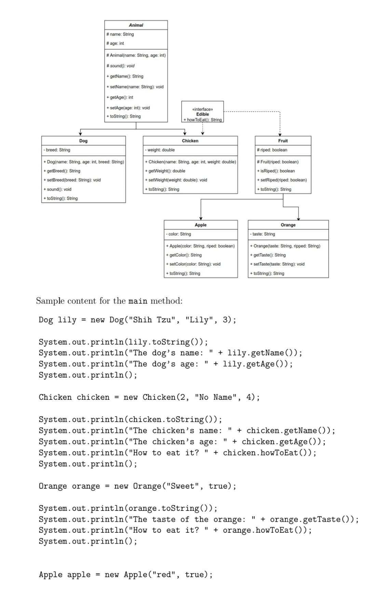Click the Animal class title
point(136,25)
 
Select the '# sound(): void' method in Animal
point(120,66)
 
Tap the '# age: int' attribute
point(115,43)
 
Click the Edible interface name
point(203,114)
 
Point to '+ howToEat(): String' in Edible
point(203,120)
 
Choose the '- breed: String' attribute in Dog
point(57,150)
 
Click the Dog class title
point(83,141)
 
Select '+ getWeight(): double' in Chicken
point(165,171)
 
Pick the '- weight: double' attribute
point(160,150)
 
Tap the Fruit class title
point(283,141)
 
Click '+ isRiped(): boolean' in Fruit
point(276,171)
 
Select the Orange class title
point(288,225)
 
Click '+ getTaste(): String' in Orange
point(268,255)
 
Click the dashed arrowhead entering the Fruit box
point(280,134)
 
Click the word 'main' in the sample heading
point(138,301)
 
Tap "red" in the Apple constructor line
point(164,574)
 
